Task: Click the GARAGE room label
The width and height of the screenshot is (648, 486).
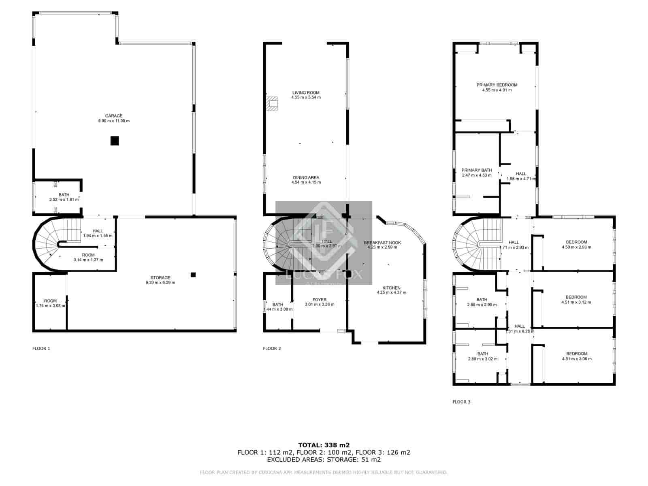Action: pyautogui.click(x=114, y=116)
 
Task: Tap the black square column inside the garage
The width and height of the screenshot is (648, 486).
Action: pyautogui.click(x=115, y=141)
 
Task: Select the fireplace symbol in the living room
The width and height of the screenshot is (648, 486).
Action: pyautogui.click(x=272, y=103)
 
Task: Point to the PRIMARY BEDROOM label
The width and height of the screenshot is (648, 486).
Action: pyautogui.click(x=497, y=85)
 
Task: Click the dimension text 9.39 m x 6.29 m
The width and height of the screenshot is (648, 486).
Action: pyautogui.click(x=160, y=283)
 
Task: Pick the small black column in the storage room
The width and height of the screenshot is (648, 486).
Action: pyautogui.click(x=193, y=275)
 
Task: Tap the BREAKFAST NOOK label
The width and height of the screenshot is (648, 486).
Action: pyautogui.click(x=382, y=243)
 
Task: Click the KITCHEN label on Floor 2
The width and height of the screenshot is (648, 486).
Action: pyautogui.click(x=391, y=288)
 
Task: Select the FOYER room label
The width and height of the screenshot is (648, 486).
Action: pyautogui.click(x=320, y=300)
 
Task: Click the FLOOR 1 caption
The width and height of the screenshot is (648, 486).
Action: pyautogui.click(x=41, y=348)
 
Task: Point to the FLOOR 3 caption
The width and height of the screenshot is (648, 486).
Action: pyautogui.click(x=461, y=402)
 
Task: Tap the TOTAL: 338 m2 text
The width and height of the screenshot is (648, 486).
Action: pyautogui.click(x=324, y=445)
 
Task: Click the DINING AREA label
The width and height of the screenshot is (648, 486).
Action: pyautogui.click(x=306, y=177)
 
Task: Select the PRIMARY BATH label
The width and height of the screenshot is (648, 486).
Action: pyautogui.click(x=477, y=170)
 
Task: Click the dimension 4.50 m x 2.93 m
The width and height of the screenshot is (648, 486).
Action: pyautogui.click(x=576, y=247)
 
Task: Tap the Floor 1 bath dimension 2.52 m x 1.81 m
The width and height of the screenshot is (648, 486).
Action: pyautogui.click(x=64, y=200)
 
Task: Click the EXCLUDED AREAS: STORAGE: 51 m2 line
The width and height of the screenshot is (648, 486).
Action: pyautogui.click(x=324, y=460)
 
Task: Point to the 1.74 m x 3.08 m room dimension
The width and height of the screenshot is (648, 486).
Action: pyautogui.click(x=51, y=306)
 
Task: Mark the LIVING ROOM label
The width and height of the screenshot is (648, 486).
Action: pyautogui.click(x=306, y=93)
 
